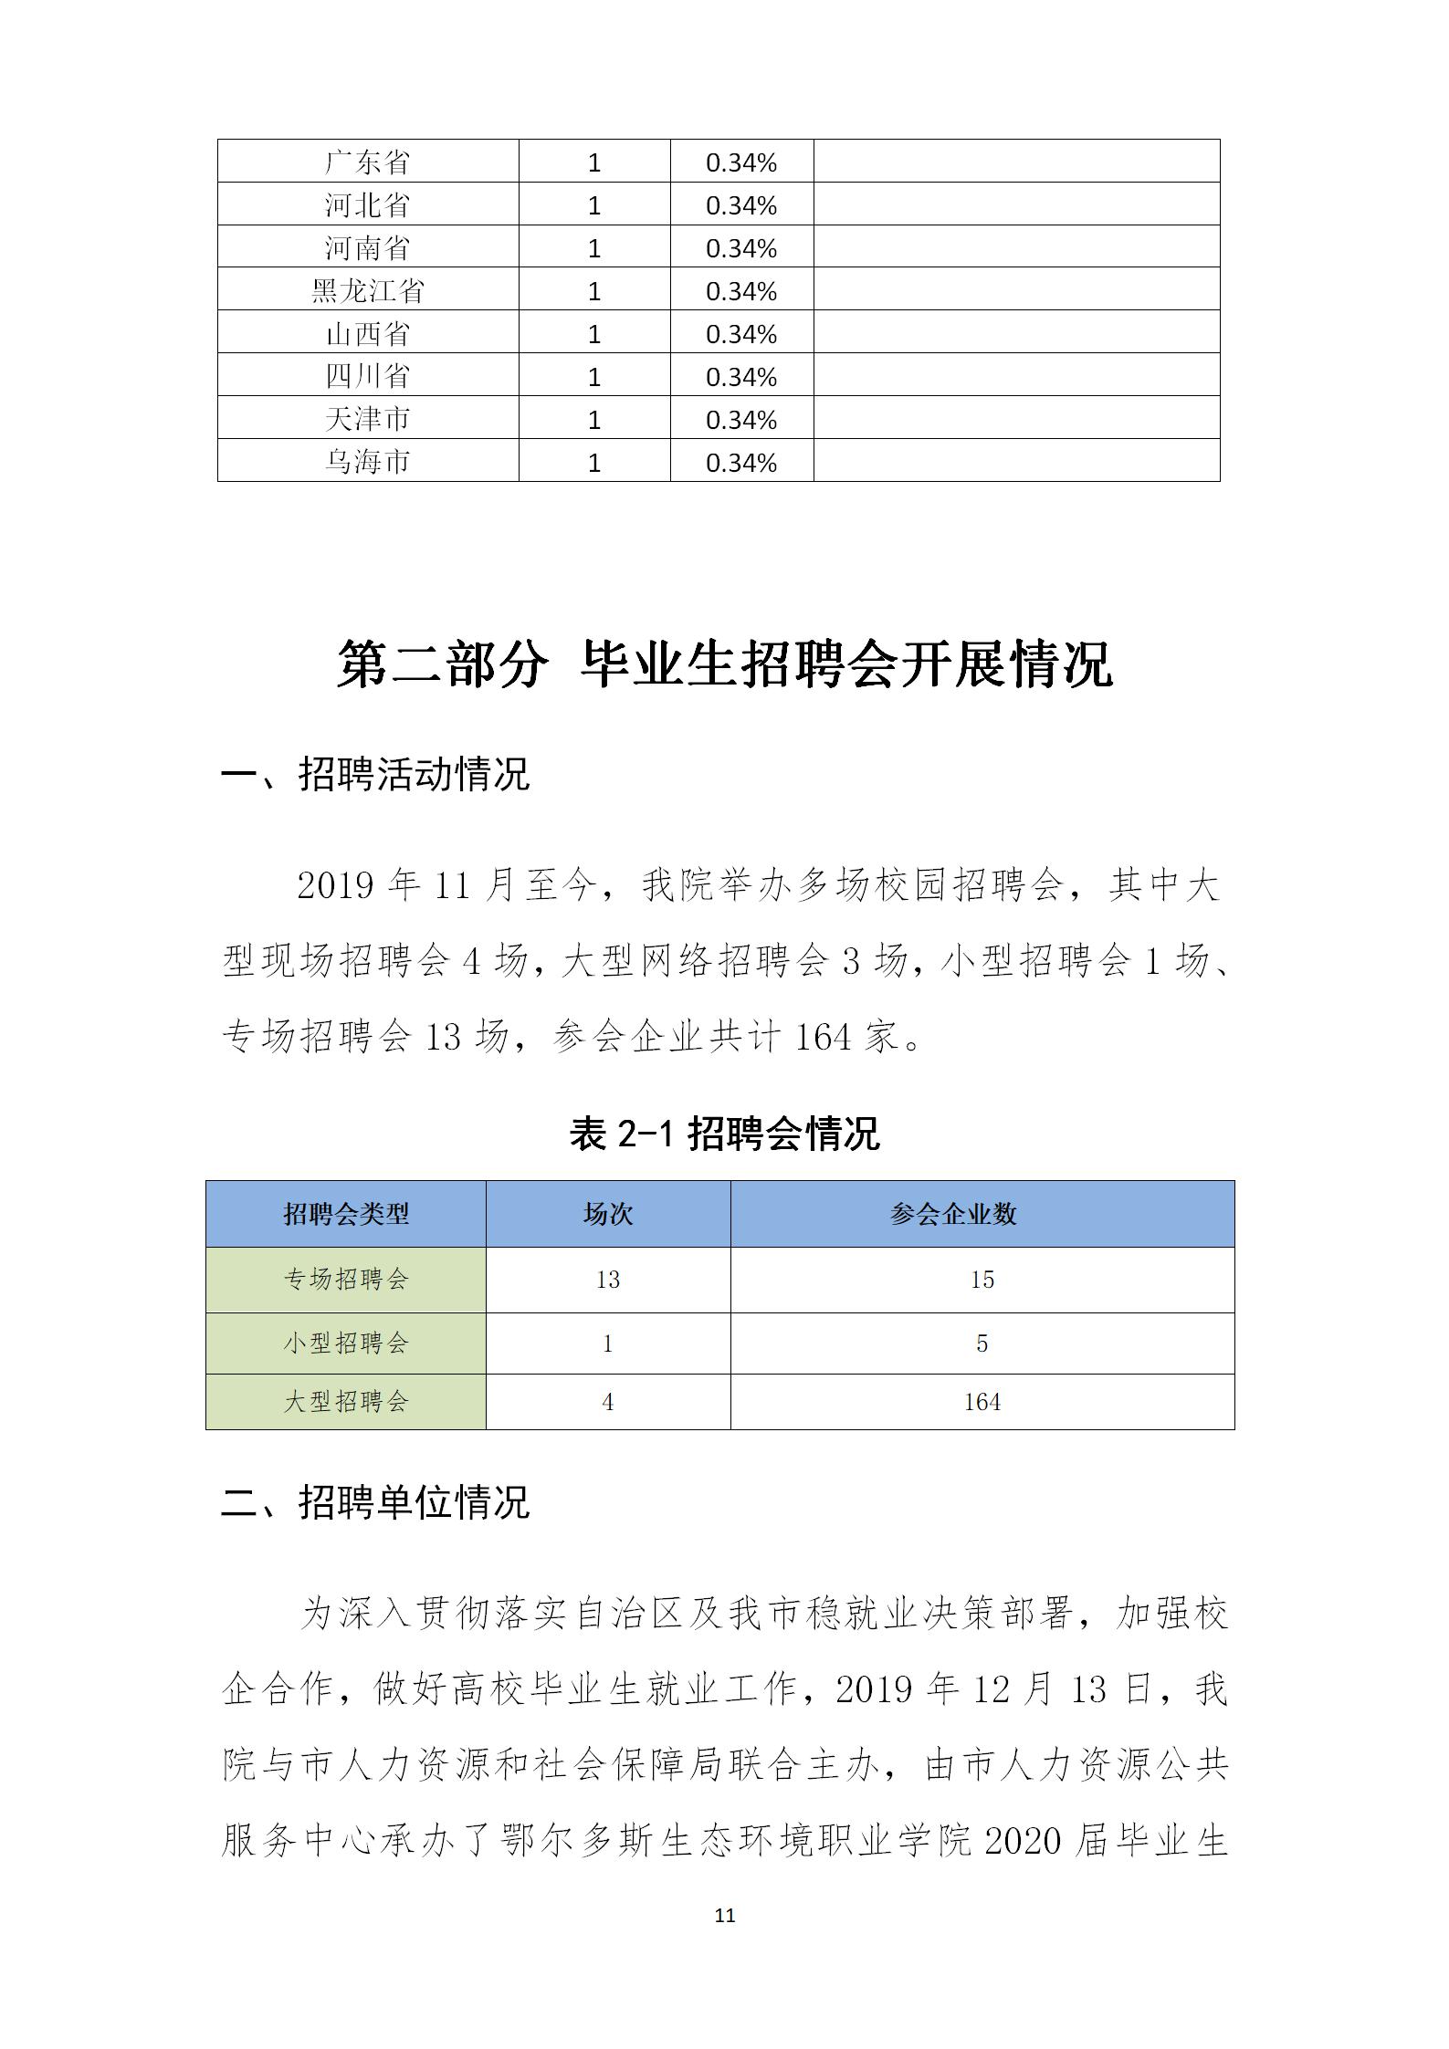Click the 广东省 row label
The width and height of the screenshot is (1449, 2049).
coord(367,162)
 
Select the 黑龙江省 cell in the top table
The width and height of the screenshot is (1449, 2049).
coord(367,291)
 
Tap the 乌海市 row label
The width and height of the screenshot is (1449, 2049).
coord(367,462)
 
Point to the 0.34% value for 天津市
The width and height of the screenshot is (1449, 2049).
coord(740,420)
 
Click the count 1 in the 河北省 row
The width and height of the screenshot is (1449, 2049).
coord(594,205)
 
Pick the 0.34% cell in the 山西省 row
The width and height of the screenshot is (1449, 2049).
coord(740,334)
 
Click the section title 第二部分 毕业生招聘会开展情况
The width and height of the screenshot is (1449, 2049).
coord(724,664)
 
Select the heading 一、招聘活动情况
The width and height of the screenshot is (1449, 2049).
coord(375,774)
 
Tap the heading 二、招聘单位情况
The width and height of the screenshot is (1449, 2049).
coord(375,1502)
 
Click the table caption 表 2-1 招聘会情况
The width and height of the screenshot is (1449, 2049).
coord(724,1134)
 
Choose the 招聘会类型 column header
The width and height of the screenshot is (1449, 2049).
coord(346,1214)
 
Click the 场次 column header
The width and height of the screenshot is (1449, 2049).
coord(608,1214)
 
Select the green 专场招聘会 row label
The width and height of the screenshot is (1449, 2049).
coord(346,1280)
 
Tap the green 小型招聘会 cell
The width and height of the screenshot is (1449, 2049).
coord(346,1343)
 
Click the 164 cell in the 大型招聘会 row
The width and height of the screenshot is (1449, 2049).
coord(982,1402)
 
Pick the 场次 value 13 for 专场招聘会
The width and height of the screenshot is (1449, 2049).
coord(608,1280)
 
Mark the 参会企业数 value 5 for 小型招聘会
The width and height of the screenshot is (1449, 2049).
coord(982,1343)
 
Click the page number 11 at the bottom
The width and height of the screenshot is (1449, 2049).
coord(725,1915)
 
